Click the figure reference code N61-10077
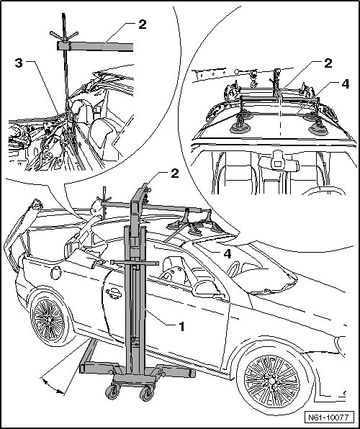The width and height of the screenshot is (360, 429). pyautogui.click(x=328, y=417)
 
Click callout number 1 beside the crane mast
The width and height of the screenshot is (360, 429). pyautogui.click(x=181, y=326)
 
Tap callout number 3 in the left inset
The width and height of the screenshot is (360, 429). pyautogui.click(x=19, y=63)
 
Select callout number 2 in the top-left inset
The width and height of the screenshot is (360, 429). pyautogui.click(x=143, y=24)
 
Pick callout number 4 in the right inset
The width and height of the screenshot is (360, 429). pyautogui.click(x=346, y=84)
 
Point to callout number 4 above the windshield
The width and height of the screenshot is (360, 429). pyautogui.click(x=228, y=253)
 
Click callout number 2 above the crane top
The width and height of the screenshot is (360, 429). pyautogui.click(x=175, y=173)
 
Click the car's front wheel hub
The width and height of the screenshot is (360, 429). pyautogui.click(x=272, y=381)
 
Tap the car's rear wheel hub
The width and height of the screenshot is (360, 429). pyautogui.click(x=48, y=320)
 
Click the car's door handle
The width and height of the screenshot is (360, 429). pyautogui.click(x=114, y=293)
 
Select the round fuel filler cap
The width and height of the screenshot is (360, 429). pyautogui.click(x=56, y=273)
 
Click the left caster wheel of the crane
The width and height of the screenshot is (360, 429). pyautogui.click(x=112, y=392)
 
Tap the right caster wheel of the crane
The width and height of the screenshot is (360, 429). pyautogui.click(x=146, y=394)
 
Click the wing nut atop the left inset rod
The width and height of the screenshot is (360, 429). pyautogui.click(x=64, y=35)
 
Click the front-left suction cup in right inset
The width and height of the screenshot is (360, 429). pyautogui.click(x=240, y=128)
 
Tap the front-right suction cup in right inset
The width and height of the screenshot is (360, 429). pyautogui.click(x=318, y=129)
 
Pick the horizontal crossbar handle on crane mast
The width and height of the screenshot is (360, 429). pyautogui.click(x=135, y=263)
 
